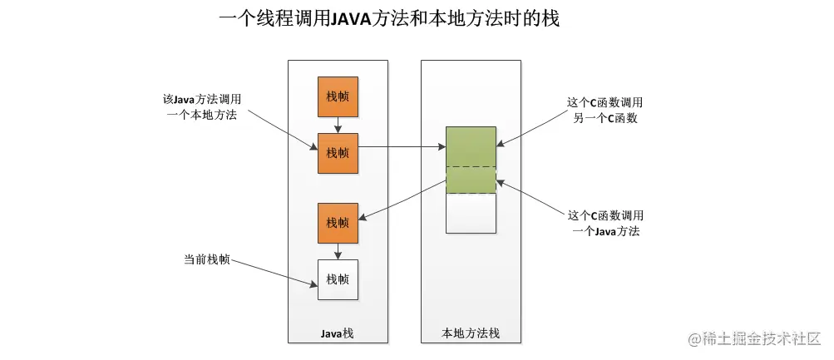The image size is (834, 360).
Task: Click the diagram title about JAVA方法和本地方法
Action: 389,19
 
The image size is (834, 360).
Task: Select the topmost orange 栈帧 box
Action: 338,96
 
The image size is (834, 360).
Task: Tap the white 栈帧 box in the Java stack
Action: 338,279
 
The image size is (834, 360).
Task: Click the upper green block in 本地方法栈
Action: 471,147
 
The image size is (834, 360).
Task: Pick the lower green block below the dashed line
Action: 471,180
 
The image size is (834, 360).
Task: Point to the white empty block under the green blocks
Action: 471,213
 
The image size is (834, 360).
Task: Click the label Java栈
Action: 338,333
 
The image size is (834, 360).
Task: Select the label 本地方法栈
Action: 471,333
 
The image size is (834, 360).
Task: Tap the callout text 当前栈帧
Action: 207,260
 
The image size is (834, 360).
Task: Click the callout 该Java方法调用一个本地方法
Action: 201,107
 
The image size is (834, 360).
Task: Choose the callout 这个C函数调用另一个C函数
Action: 605,110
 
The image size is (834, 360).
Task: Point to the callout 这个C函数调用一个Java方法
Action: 605,224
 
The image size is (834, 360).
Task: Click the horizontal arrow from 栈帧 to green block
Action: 402,147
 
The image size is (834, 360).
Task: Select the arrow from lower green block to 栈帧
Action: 402,200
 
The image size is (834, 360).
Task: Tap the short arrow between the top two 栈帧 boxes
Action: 338,125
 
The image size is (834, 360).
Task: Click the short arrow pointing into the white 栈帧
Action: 338,252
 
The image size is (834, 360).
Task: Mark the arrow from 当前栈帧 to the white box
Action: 274,274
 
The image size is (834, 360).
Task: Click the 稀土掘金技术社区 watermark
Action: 755,338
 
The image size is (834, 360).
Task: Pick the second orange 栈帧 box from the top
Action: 338,153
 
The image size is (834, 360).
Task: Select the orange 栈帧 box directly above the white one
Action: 338,224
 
